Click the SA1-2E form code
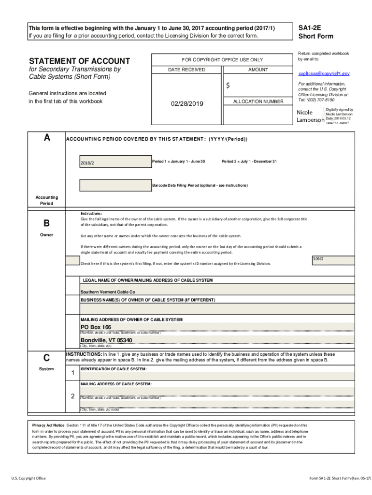click(x=310, y=28)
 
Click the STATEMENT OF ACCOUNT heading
click(x=79, y=61)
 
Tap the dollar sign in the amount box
click(x=229, y=86)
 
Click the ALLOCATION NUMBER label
click(x=258, y=102)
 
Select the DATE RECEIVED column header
click(x=186, y=70)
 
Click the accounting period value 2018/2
click(x=87, y=162)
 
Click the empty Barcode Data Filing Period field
click(x=115, y=185)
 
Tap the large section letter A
click(x=47, y=138)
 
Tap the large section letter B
click(x=46, y=223)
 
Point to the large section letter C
click(x=46, y=358)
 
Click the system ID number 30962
click(x=318, y=259)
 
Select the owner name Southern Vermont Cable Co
click(x=108, y=292)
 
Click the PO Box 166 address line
click(x=96, y=327)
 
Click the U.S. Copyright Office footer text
click(x=29, y=478)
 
